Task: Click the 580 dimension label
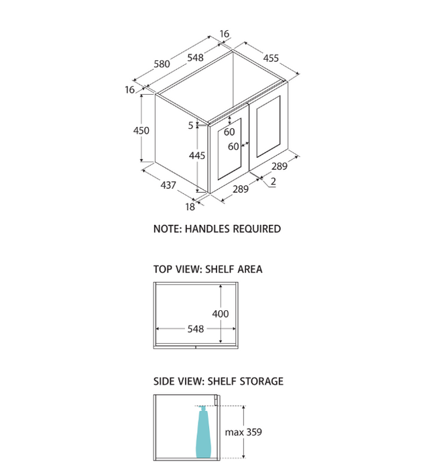point(162,64)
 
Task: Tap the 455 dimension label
point(271,58)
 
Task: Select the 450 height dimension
point(141,131)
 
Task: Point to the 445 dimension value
point(197,155)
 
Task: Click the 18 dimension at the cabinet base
point(190,207)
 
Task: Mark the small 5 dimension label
point(190,125)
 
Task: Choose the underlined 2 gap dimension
point(273,181)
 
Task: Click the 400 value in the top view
point(221,314)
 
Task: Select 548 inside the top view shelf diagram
point(196,330)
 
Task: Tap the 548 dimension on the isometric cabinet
point(195,58)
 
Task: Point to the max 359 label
point(243,432)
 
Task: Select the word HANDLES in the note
point(207,229)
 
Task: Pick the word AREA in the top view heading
point(249,269)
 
